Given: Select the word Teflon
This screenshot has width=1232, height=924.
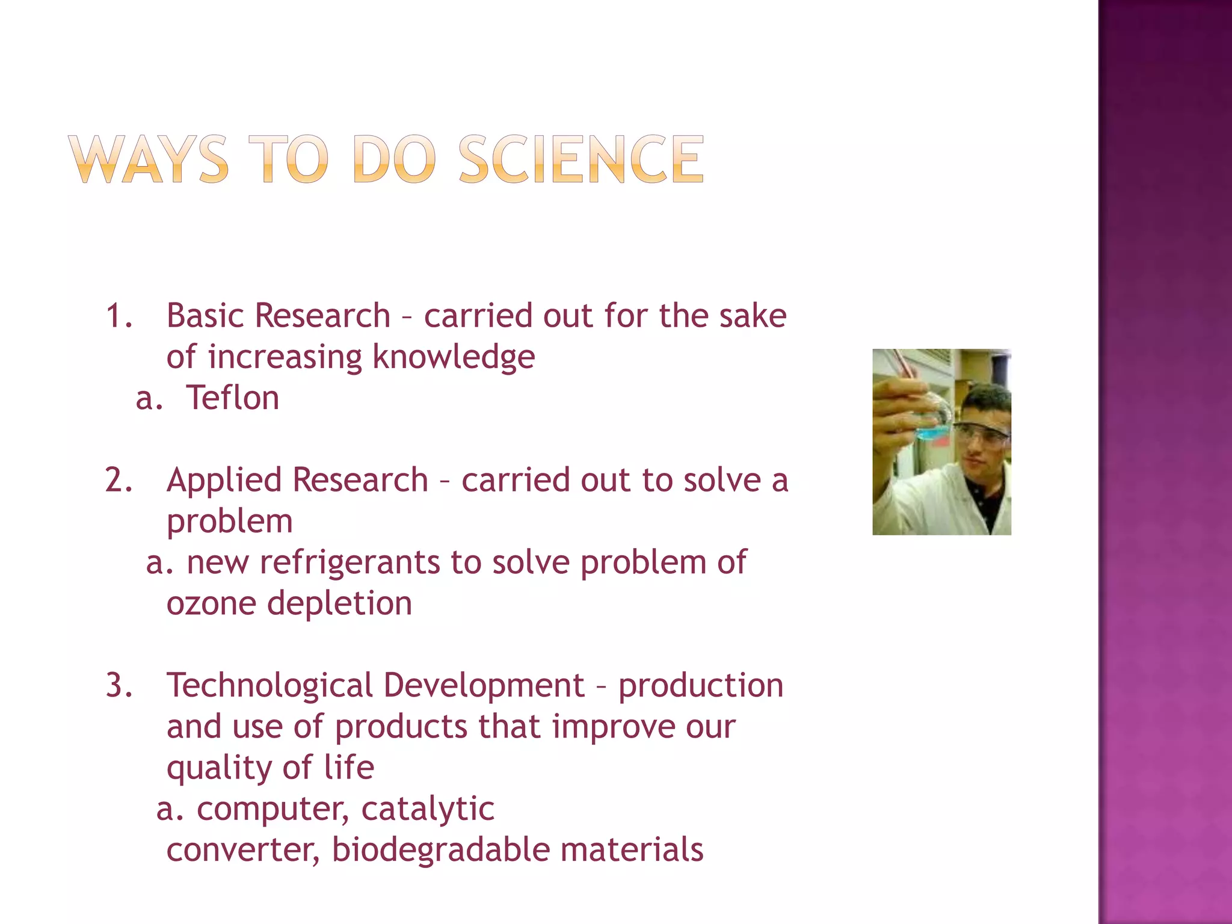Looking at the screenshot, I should point(233,398).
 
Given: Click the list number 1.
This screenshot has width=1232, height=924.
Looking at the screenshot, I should point(118,316).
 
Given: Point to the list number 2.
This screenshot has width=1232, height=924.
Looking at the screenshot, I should point(118,480).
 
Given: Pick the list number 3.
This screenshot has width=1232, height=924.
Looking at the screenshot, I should point(118,685).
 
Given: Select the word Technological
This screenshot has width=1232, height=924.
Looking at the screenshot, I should point(269,685).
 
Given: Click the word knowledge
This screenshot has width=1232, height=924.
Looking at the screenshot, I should point(454,357).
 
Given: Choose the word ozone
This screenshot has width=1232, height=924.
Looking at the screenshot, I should point(211,603).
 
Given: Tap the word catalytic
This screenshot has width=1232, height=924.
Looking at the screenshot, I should point(428,808).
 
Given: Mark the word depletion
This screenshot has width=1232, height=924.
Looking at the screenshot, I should point(339,603).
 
